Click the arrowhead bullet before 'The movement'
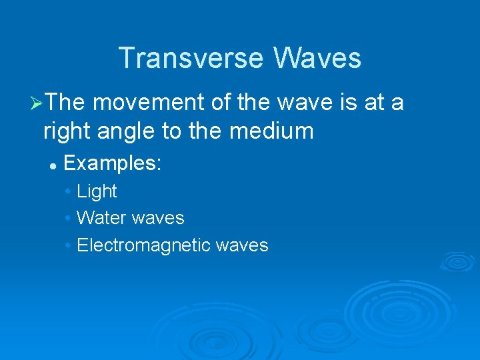pyautogui.click(x=37, y=104)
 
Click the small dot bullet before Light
pyautogui.click(x=69, y=192)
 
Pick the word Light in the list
pyautogui.click(x=97, y=191)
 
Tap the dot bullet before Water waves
pyautogui.click(x=69, y=219)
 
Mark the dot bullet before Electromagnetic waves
pyautogui.click(x=69, y=246)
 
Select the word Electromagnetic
pyautogui.click(x=144, y=245)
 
